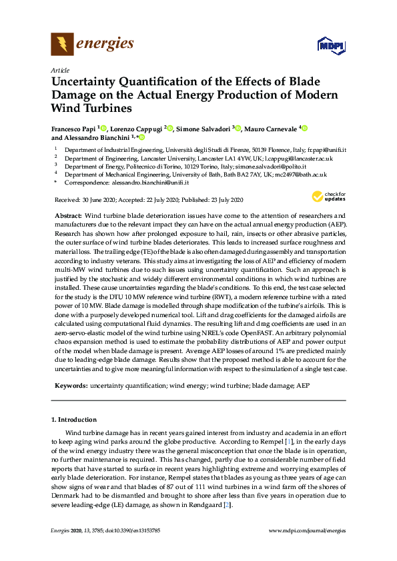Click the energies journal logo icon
click(x=63, y=45)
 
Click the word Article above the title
click(x=59, y=69)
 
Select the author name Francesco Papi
click(x=73, y=127)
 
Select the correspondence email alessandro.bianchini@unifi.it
click(x=149, y=182)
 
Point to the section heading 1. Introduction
click(x=73, y=420)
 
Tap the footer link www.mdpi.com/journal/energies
click(x=306, y=530)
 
